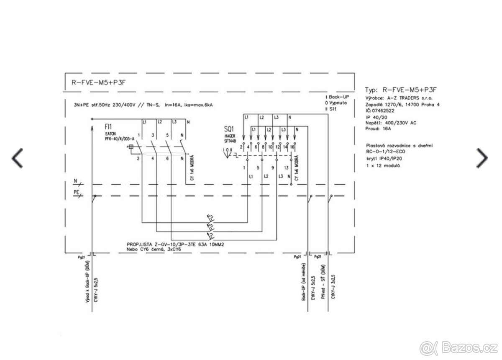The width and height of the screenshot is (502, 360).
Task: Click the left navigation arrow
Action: pos(17,157)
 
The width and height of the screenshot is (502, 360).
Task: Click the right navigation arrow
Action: pos(482,157)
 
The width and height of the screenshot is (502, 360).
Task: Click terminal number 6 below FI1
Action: pos(167,159)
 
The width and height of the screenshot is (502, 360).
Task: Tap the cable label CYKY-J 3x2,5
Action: pos(333,287)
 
